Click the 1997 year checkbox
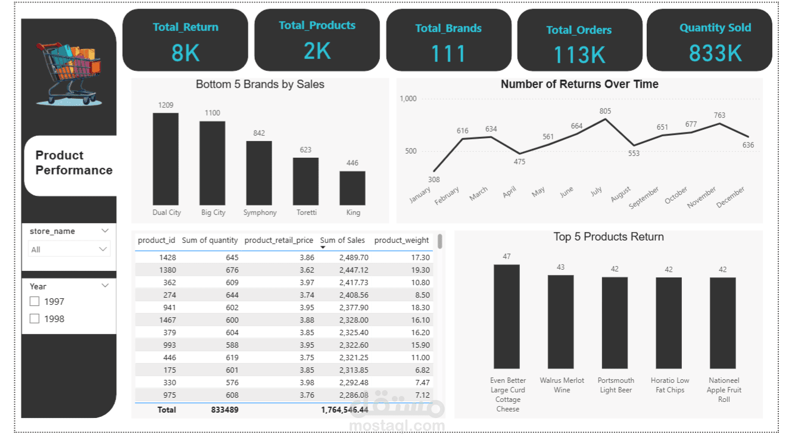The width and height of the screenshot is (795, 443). click(x=35, y=302)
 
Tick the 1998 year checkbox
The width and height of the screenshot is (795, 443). click(x=35, y=319)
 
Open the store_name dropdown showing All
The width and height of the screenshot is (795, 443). click(x=69, y=249)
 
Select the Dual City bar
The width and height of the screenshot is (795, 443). click(x=166, y=159)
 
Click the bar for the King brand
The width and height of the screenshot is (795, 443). click(x=353, y=188)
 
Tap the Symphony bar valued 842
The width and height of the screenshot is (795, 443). click(x=259, y=173)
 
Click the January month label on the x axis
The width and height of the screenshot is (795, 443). click(x=420, y=195)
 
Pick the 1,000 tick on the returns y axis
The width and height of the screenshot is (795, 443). click(x=409, y=99)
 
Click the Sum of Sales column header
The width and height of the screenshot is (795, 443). click(x=342, y=241)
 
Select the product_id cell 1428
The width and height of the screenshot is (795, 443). click(x=167, y=258)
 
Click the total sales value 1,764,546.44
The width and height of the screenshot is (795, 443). click(x=345, y=410)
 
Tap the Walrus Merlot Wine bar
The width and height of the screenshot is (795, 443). click(x=561, y=322)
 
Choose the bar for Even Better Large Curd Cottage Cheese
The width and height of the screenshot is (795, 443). click(x=507, y=317)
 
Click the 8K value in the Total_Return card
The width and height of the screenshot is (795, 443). click(x=186, y=54)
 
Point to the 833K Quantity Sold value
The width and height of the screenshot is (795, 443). click(x=715, y=54)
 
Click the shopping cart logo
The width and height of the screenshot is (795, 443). click(x=68, y=73)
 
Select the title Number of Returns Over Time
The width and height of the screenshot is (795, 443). click(x=579, y=85)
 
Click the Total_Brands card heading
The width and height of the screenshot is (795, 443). click(x=448, y=29)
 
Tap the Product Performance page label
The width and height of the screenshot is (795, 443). click(x=74, y=163)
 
